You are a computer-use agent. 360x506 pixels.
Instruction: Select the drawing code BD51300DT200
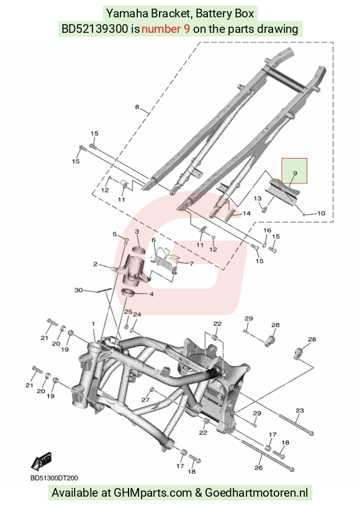coord(54,478)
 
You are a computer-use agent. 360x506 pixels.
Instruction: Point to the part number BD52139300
coord(94,29)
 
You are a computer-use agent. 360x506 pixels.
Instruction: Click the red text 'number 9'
coord(166,29)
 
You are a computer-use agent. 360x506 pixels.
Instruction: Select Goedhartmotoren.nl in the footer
coord(256,493)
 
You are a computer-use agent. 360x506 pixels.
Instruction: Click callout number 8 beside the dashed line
coord(137,107)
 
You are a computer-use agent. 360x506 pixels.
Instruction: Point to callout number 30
coord(78,290)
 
